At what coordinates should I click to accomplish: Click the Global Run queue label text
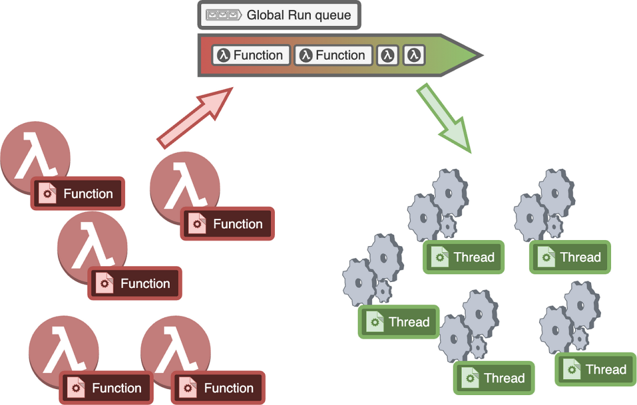[x=298, y=15]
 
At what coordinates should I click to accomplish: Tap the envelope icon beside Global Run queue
[x=224, y=15]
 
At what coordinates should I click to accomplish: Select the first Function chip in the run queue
[x=251, y=55]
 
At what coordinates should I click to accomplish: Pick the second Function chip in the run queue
[x=333, y=55]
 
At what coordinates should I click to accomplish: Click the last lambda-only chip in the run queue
[x=414, y=55]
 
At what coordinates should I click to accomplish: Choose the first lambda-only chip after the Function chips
[x=388, y=55]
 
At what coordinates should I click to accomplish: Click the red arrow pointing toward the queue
[x=195, y=118]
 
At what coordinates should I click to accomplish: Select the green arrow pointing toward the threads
[x=444, y=118]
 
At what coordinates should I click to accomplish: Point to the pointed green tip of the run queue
[x=482, y=55]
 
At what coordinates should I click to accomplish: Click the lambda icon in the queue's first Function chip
[x=224, y=55]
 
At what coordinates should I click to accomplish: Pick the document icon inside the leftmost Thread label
[x=375, y=322]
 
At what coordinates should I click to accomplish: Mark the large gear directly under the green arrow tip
[x=449, y=194]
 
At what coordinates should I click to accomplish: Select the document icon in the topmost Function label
[x=47, y=194]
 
